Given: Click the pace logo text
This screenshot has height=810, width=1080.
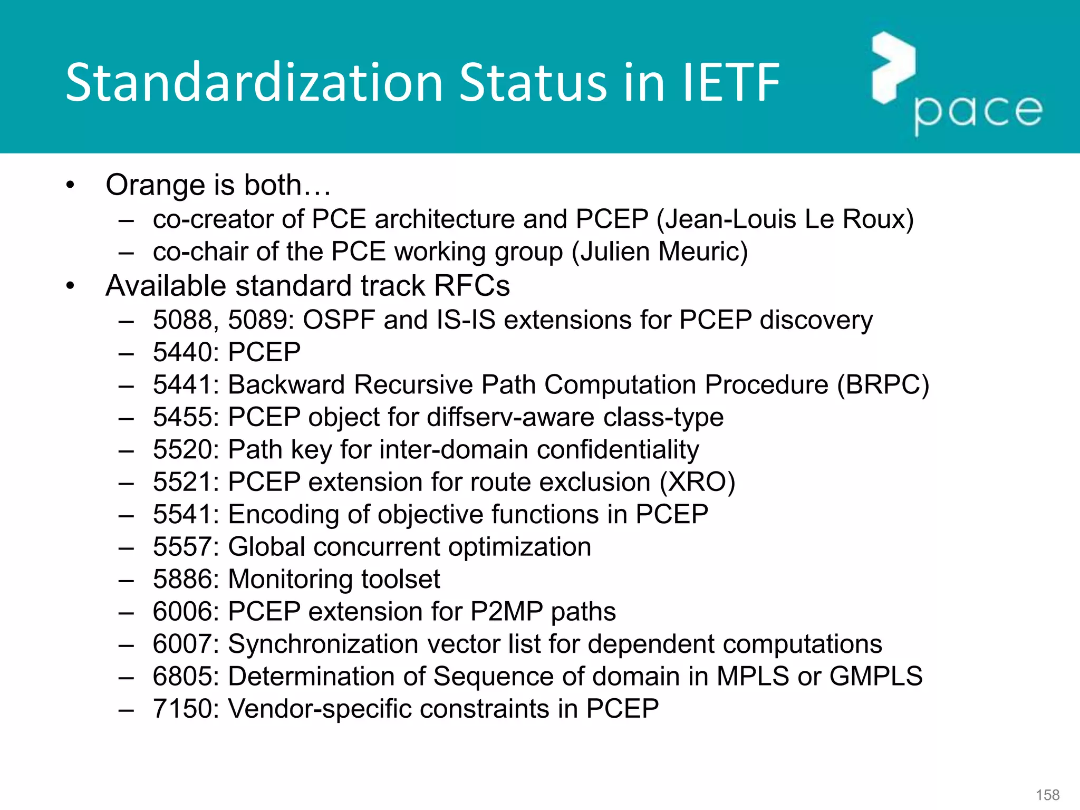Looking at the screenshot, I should click(978, 112).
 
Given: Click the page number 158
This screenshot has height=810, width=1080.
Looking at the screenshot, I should click(1047, 795).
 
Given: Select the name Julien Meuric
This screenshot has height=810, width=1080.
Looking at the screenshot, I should click(660, 252).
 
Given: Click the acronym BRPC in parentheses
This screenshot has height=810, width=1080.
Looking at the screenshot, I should click(883, 384).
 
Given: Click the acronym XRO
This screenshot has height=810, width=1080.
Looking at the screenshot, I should click(697, 482).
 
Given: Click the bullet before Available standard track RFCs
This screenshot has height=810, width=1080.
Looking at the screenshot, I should click(71, 286).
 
